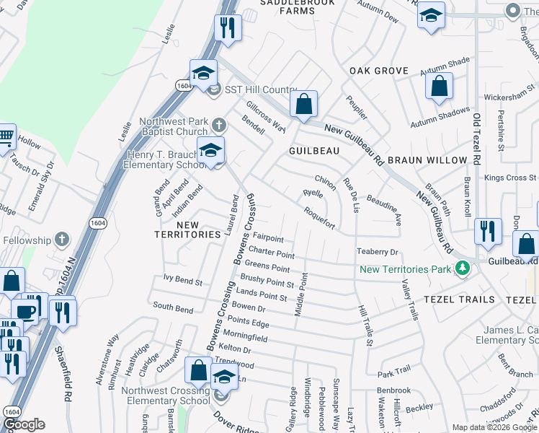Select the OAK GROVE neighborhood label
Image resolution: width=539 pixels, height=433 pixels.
tap(378, 71)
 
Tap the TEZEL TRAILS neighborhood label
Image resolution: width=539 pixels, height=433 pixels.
tap(459, 299)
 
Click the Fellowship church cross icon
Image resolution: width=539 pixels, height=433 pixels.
tap(62, 239)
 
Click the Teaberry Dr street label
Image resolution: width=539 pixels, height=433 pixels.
tap(378, 252)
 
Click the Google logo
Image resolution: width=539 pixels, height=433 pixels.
tap(24, 424)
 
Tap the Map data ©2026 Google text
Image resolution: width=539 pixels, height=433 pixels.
tap(494, 427)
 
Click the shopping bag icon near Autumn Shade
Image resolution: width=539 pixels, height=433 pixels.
tap(439, 87)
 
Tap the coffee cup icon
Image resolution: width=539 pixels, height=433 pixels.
tap(26, 311)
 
